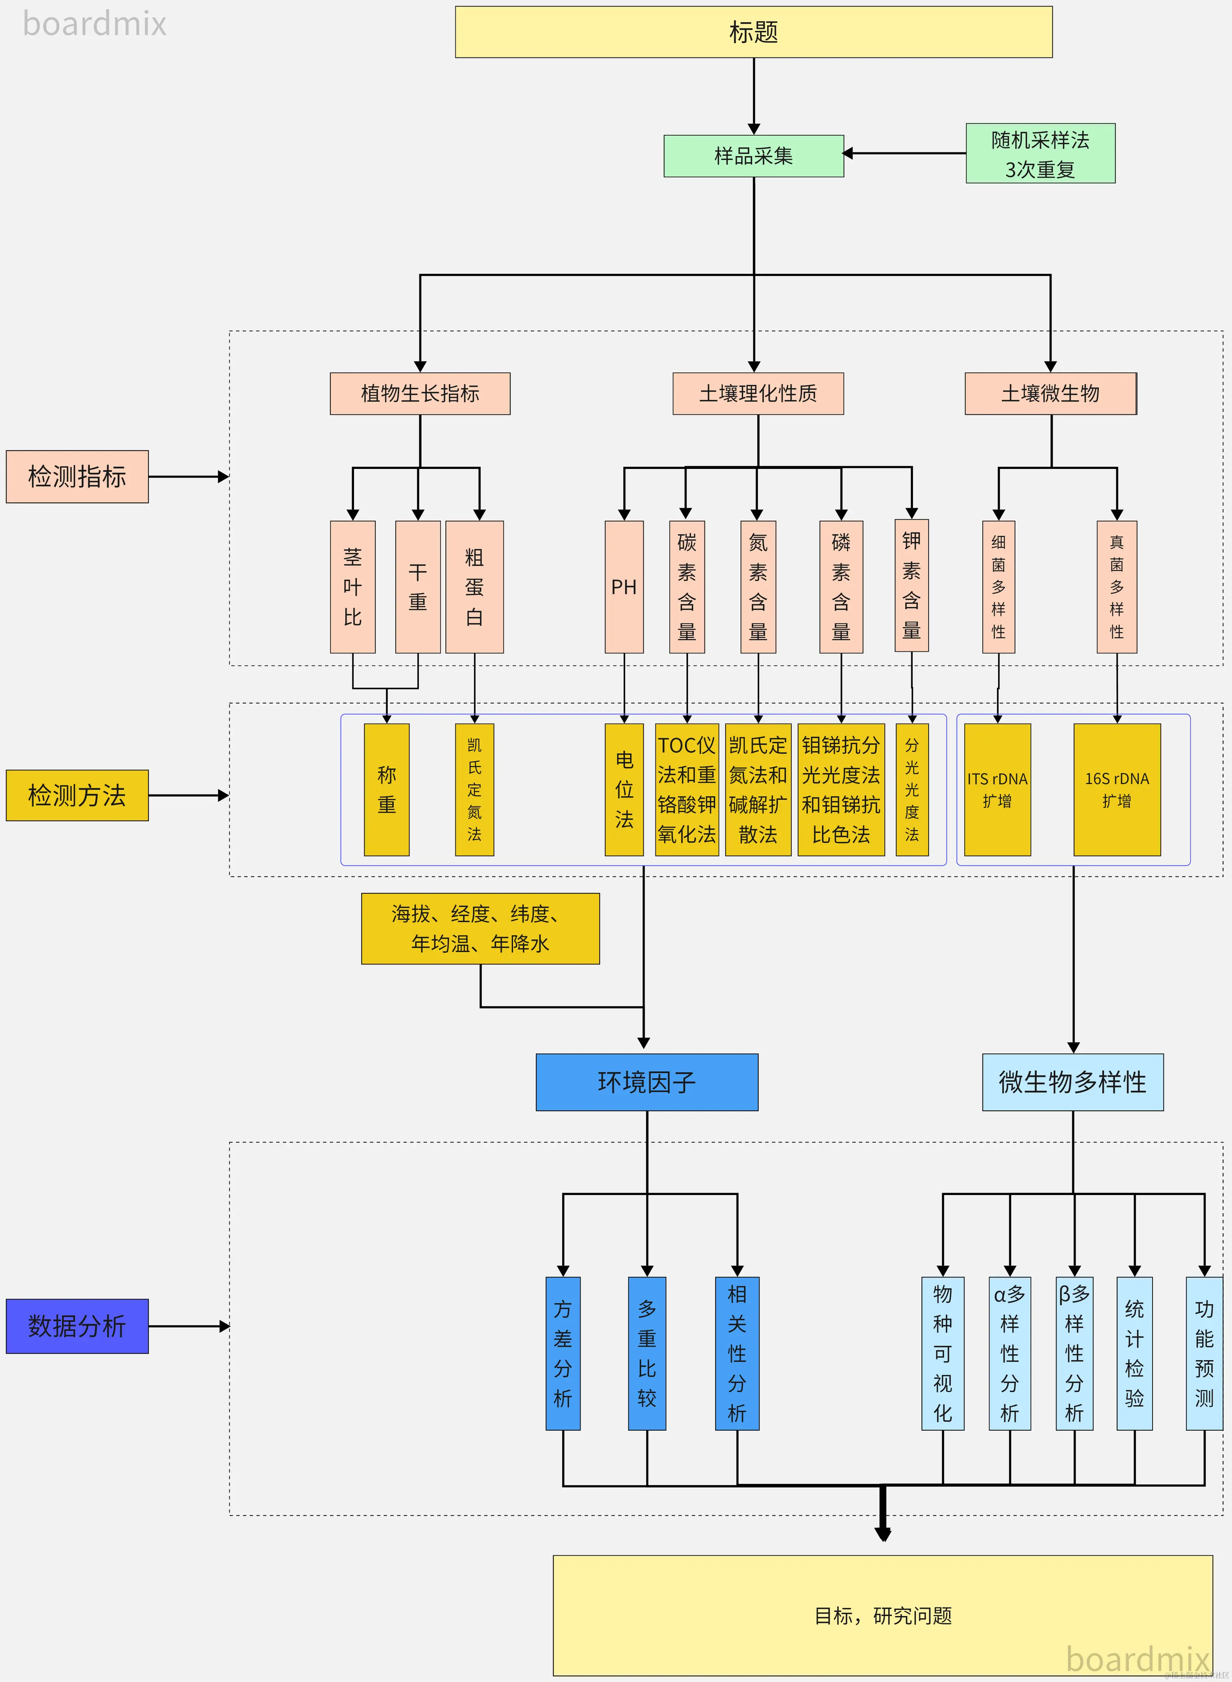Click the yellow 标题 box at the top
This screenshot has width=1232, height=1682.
(x=753, y=32)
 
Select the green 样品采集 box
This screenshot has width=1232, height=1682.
(x=753, y=156)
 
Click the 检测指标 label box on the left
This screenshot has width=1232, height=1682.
(x=77, y=477)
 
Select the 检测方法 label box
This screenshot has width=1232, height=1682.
(x=77, y=795)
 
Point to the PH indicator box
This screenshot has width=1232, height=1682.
(x=624, y=587)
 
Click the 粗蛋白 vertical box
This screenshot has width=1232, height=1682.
(x=474, y=587)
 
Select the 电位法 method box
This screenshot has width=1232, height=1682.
(x=624, y=789)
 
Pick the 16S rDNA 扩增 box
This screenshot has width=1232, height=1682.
(x=1116, y=789)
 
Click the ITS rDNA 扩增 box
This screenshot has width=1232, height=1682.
(x=997, y=789)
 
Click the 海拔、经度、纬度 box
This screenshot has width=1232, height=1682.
(x=480, y=929)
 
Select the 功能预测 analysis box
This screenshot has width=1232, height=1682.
(x=1203, y=1353)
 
